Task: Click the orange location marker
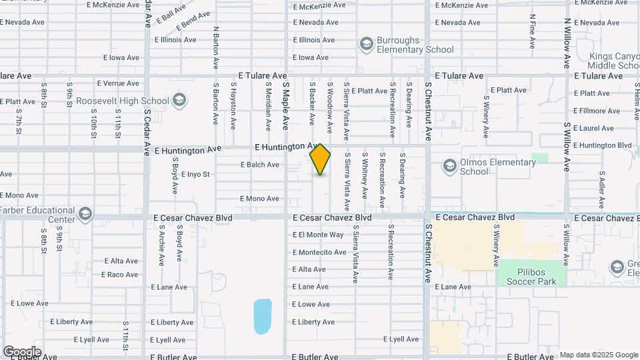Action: tap(320, 159)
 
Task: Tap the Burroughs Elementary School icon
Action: tap(365, 44)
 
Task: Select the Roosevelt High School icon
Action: tap(178, 101)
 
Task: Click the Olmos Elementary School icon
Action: tap(449, 165)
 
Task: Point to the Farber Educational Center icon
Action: tap(85, 213)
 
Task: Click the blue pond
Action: tap(263, 315)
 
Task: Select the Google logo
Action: tap(22, 351)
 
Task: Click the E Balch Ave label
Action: tap(260, 165)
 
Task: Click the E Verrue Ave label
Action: tap(118, 83)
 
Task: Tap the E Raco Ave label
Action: tap(120, 275)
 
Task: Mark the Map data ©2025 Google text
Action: tap(599, 355)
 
